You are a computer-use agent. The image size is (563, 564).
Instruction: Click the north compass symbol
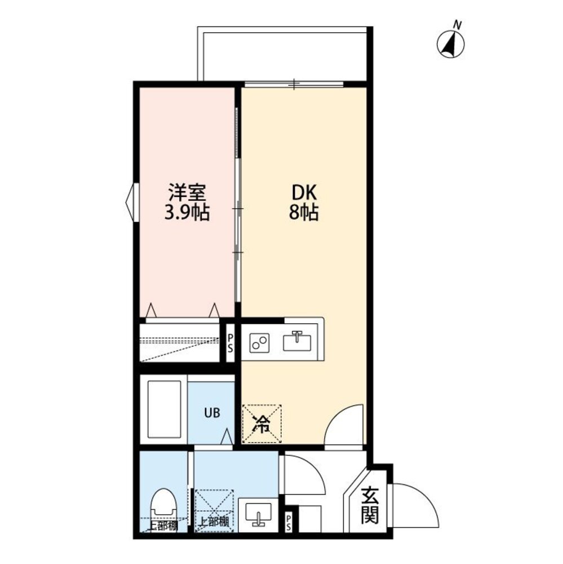(450, 44)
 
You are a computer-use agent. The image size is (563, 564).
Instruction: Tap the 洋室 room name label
(187, 193)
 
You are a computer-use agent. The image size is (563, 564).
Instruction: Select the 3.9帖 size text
(187, 213)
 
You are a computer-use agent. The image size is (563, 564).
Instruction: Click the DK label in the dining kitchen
(304, 193)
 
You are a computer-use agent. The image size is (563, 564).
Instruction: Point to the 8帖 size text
(304, 213)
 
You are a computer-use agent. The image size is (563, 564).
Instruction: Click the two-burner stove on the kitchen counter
(259, 342)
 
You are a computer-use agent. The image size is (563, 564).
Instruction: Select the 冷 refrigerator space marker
(261, 424)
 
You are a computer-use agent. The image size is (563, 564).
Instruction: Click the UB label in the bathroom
(212, 413)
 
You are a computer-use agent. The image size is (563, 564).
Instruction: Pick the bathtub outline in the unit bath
(164, 409)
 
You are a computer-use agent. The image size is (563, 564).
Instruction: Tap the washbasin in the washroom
(258, 514)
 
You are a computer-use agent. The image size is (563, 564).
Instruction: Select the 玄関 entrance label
(370, 505)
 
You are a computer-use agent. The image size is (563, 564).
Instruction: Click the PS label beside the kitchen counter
(230, 343)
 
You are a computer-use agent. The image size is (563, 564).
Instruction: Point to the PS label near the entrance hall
(289, 523)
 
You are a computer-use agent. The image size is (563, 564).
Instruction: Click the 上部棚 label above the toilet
(163, 526)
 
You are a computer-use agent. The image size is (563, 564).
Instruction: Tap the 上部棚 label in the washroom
(214, 521)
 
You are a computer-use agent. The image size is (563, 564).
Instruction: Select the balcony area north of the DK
(285, 54)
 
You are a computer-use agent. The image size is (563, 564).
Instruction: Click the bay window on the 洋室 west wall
(132, 202)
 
